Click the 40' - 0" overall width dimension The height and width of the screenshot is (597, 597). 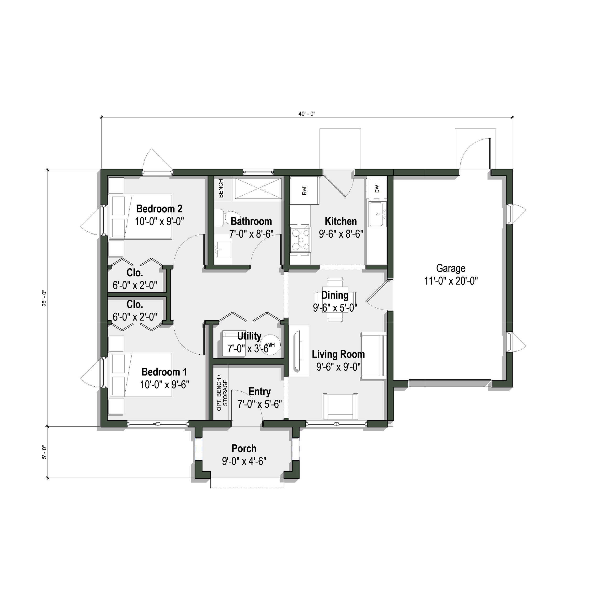point(307,114)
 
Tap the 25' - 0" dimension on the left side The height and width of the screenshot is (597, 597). point(44,298)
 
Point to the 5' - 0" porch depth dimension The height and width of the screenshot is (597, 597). point(44,452)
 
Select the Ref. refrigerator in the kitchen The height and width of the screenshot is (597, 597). point(305,190)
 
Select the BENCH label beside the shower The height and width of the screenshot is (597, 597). point(221,188)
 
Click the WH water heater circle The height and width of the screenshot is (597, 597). point(270,345)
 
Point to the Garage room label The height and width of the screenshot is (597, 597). point(451,268)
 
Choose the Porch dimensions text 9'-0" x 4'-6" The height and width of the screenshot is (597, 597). point(244,461)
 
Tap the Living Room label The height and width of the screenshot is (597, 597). point(338,354)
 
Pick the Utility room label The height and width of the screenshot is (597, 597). point(249,336)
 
